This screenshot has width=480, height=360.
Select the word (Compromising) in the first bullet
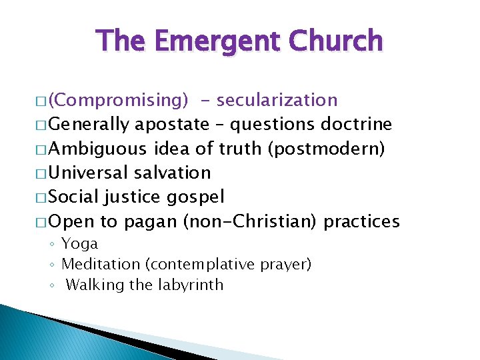tap(119, 101)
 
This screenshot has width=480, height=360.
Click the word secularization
tap(277, 101)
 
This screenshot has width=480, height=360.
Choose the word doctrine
tap(357, 125)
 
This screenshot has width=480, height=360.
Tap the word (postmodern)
tap(326, 149)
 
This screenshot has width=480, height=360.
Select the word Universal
tap(89, 173)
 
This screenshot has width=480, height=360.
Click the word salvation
tap(173, 173)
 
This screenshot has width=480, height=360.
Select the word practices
tap(361, 221)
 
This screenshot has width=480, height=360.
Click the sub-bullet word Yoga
tap(79, 244)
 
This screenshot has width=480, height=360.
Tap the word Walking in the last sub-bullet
tap(91, 285)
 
